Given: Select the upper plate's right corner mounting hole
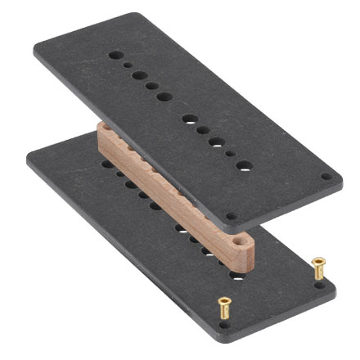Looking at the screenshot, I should tap(326, 176).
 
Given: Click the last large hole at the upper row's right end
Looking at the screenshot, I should tap(243, 164).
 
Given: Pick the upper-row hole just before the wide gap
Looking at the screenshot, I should tap(164, 97).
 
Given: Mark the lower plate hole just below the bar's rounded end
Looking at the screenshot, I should tap(237, 275).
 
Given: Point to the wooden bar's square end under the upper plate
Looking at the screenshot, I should tap(101, 136).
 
